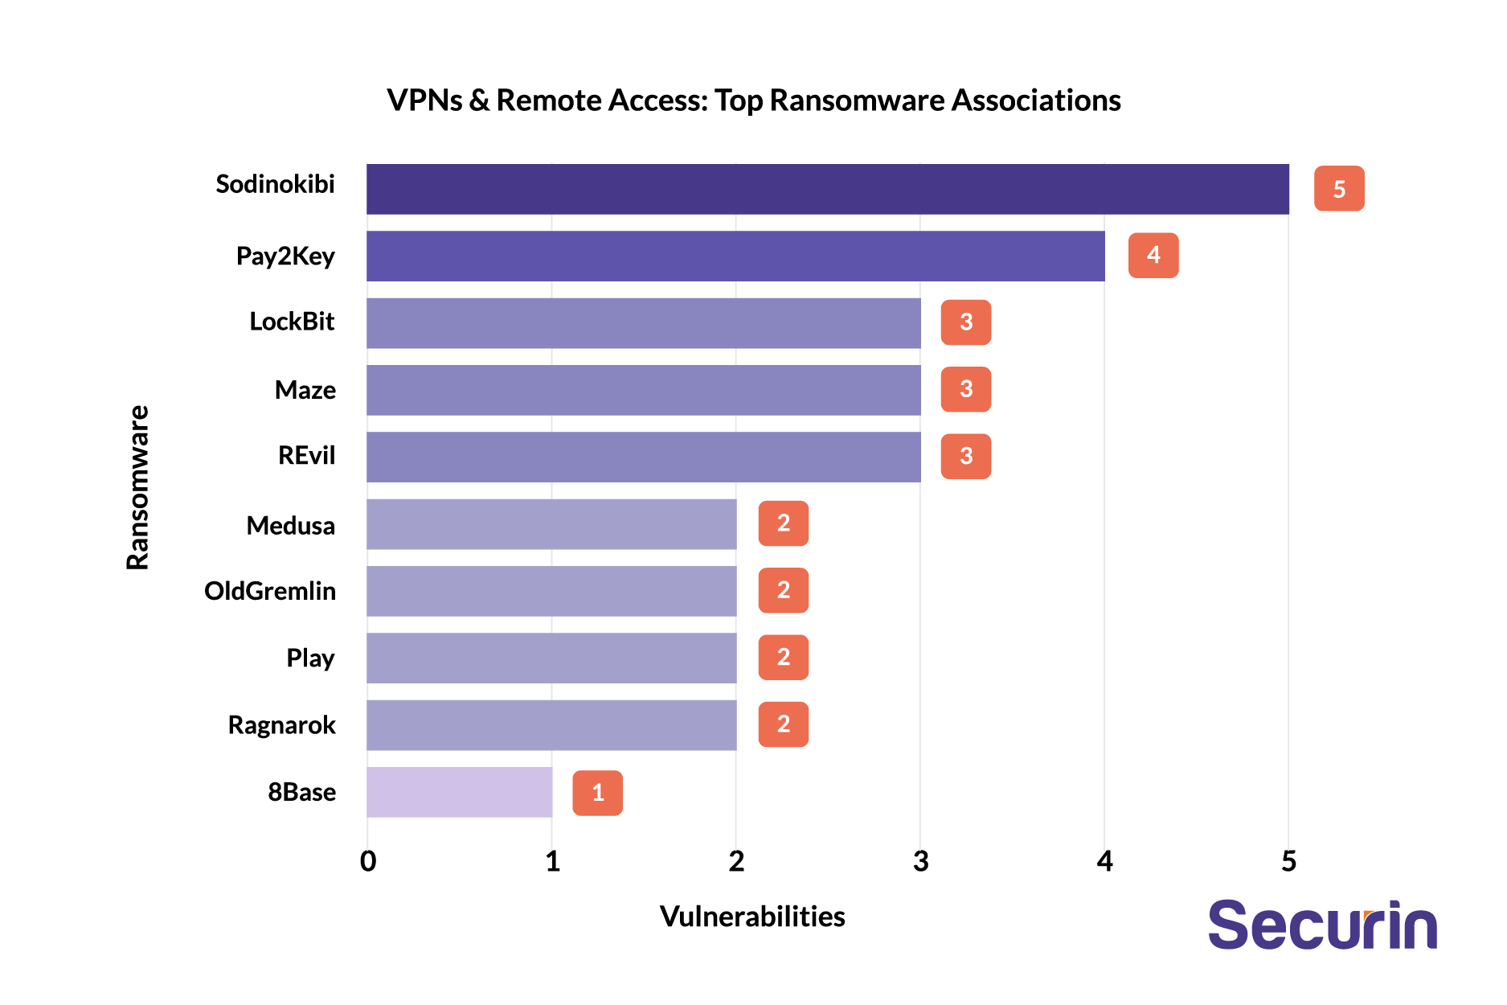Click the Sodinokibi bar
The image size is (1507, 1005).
pyautogui.click(x=827, y=189)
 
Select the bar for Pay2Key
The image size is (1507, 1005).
pyautogui.click(x=735, y=256)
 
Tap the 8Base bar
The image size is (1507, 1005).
pyautogui.click(x=459, y=792)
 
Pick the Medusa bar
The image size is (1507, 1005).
pyautogui.click(x=551, y=524)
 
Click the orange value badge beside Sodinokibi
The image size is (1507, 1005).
pyautogui.click(x=1338, y=189)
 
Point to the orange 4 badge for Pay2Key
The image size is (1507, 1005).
pyautogui.click(x=1153, y=256)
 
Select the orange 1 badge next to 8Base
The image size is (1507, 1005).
pyautogui.click(x=597, y=793)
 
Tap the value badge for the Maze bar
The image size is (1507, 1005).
pyautogui.click(x=965, y=389)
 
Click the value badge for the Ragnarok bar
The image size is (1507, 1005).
pyautogui.click(x=783, y=724)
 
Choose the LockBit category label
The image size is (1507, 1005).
pyautogui.click(x=292, y=322)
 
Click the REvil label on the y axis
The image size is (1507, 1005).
pyautogui.click(x=306, y=456)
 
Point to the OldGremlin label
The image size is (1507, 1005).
pyautogui.click(x=270, y=591)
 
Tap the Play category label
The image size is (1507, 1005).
pyautogui.click(x=310, y=658)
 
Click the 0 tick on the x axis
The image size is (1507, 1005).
pyautogui.click(x=368, y=862)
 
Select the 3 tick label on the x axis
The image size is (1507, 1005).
pyautogui.click(x=920, y=862)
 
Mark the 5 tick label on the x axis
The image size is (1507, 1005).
pyautogui.click(x=1288, y=862)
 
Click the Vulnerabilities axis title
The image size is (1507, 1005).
pyautogui.click(x=752, y=917)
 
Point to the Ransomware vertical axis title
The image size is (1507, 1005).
pyautogui.click(x=138, y=488)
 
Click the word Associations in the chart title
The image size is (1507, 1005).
pyautogui.click(x=1036, y=100)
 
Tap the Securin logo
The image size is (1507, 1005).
pyautogui.click(x=1322, y=925)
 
